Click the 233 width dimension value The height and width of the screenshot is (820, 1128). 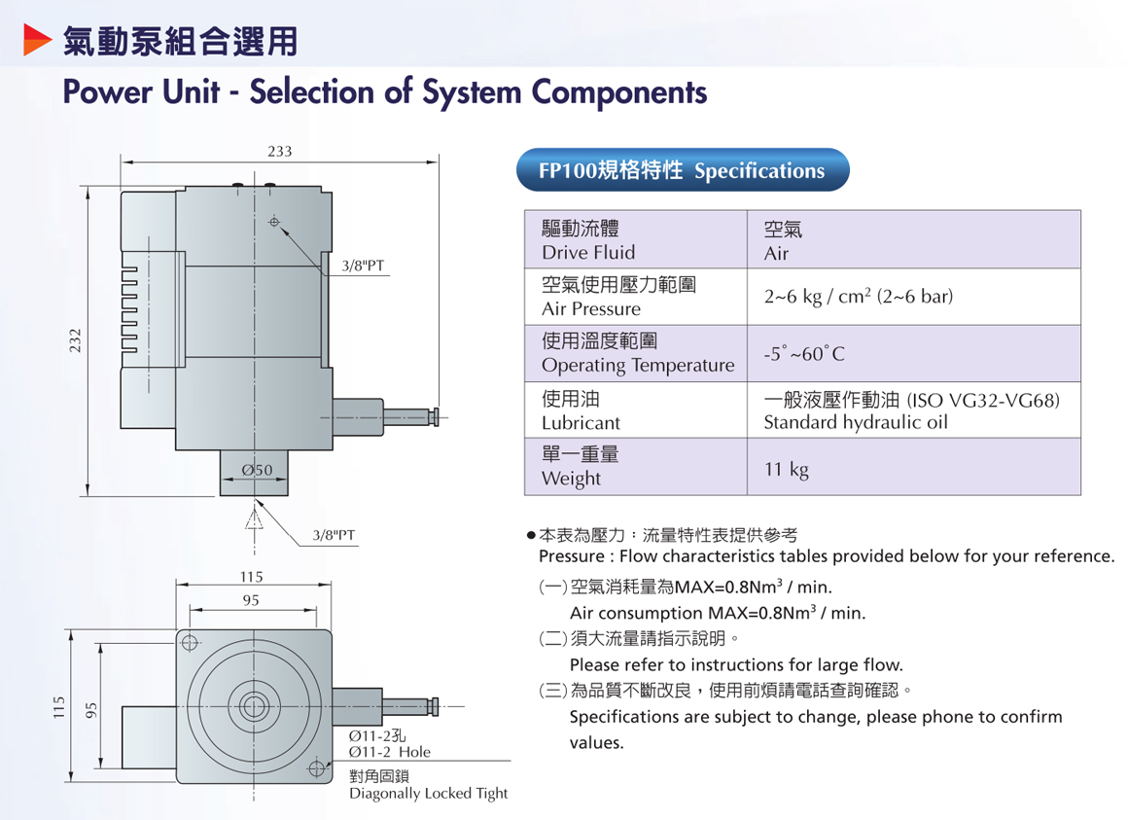point(279,151)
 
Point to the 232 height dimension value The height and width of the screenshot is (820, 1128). point(76,340)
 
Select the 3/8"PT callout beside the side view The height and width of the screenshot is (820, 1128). point(363,265)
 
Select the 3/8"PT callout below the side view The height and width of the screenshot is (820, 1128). point(334,534)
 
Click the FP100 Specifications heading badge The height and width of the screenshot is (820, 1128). point(682,171)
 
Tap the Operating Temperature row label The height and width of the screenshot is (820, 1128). point(637,353)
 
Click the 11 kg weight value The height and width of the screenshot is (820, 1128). point(786,470)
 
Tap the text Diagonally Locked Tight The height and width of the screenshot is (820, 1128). point(428,793)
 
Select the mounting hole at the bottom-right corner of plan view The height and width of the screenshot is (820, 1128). point(316,768)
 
